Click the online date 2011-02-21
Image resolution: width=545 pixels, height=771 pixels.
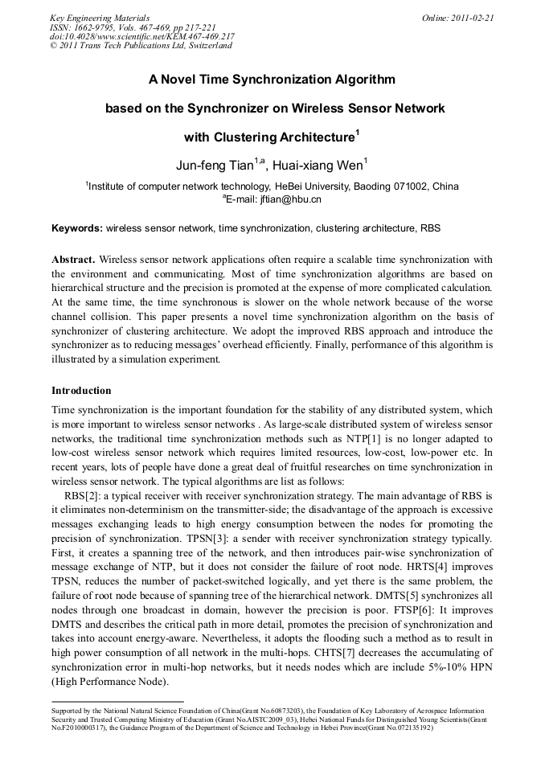[x=473, y=17]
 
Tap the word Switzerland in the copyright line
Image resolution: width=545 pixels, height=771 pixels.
[x=204, y=46]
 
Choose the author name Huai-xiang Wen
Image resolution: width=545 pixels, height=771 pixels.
[x=317, y=166]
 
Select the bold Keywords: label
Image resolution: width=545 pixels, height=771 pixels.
[x=77, y=228]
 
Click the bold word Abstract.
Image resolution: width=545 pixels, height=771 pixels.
[x=73, y=260]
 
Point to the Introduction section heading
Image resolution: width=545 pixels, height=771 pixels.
[x=81, y=391]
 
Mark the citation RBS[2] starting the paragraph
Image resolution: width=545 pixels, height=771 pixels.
[x=81, y=497]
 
